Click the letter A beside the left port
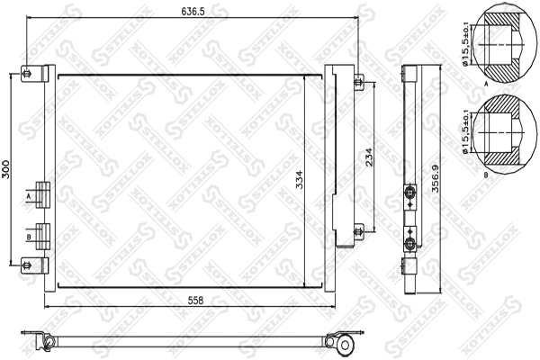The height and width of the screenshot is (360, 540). click(30, 194)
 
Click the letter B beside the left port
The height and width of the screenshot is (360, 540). click(30, 236)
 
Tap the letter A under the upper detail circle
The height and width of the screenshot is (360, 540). click(486, 82)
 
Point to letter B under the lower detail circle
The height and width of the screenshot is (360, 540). click(486, 173)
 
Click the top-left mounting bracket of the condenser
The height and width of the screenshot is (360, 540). click(29, 74)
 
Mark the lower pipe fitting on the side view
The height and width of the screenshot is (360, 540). click(411, 244)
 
